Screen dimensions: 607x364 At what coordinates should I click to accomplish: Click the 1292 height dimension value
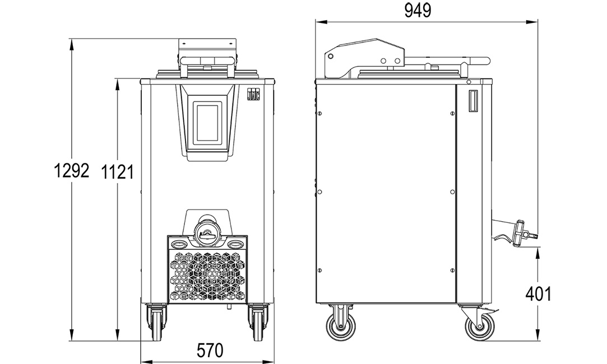72,170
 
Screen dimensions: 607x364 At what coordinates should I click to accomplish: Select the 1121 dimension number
117,172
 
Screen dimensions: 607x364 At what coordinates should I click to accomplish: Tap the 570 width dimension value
210,351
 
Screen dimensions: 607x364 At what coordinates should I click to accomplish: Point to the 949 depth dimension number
418,11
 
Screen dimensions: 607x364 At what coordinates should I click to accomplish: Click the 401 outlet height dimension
538,295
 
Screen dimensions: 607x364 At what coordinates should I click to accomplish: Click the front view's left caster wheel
157,323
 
